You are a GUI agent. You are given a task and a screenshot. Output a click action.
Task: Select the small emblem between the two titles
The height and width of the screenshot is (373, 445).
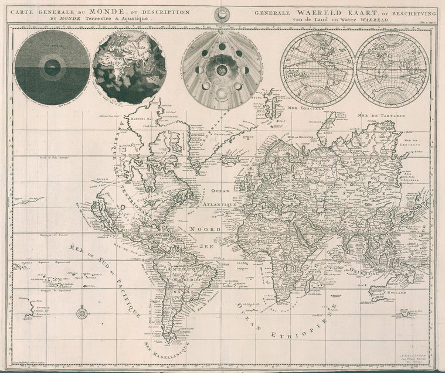(223, 15)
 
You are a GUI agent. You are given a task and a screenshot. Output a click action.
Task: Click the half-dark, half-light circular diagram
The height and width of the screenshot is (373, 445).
(52, 67)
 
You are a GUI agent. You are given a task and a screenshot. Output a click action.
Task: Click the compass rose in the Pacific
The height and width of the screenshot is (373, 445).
(81, 313)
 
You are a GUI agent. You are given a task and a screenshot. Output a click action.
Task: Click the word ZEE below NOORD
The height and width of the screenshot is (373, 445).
(206, 247)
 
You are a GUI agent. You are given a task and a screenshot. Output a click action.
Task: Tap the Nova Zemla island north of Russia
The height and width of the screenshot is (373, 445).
(326, 126)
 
